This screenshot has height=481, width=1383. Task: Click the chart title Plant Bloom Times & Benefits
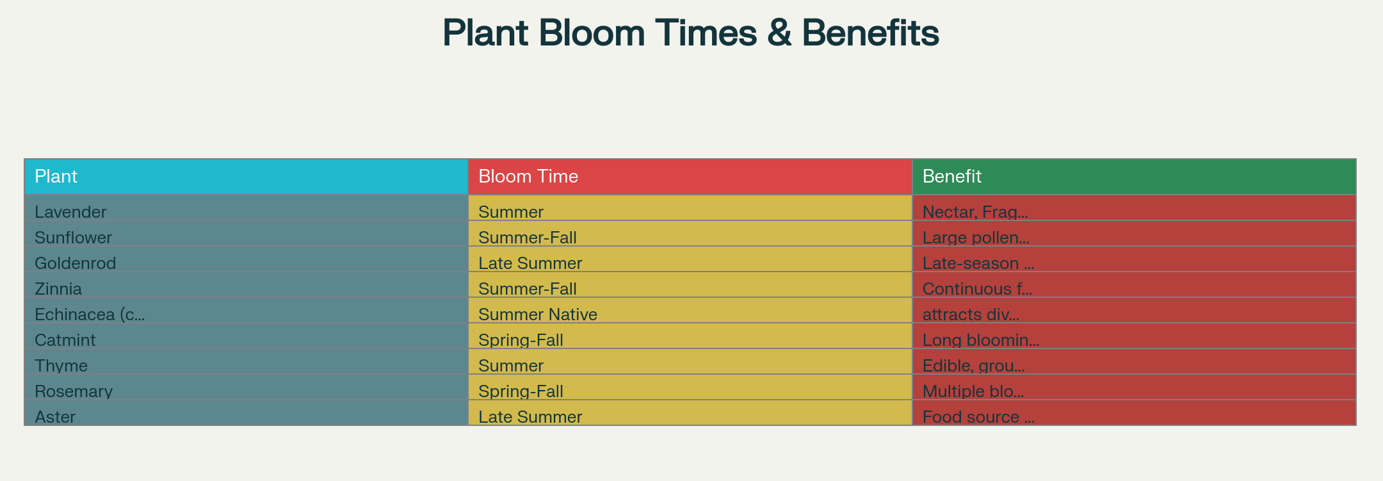[691, 33]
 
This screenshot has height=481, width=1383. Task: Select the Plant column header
[247, 177]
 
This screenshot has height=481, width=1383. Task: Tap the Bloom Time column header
[690, 177]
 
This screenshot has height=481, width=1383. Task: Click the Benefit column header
[1134, 177]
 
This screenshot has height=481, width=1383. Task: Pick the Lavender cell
[247, 208]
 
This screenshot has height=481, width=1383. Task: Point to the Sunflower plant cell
[247, 234]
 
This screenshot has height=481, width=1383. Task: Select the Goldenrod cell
[247, 259]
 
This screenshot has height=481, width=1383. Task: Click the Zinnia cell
[247, 285]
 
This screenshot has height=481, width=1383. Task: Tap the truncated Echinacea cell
[247, 311]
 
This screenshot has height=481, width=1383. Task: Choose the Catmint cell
[247, 336]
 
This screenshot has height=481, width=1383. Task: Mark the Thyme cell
[247, 362]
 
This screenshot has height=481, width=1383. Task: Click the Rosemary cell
[247, 387]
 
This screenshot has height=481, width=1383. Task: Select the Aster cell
[247, 413]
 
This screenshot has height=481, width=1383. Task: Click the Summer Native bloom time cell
[690, 311]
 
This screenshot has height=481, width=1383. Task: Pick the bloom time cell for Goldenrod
[690, 259]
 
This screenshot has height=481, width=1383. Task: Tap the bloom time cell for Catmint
[690, 336]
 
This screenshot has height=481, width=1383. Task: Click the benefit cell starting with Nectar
[1134, 208]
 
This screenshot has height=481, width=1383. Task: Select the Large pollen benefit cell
[1134, 234]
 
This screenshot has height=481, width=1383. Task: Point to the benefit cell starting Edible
[1134, 362]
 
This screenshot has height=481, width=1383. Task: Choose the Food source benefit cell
[1134, 413]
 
